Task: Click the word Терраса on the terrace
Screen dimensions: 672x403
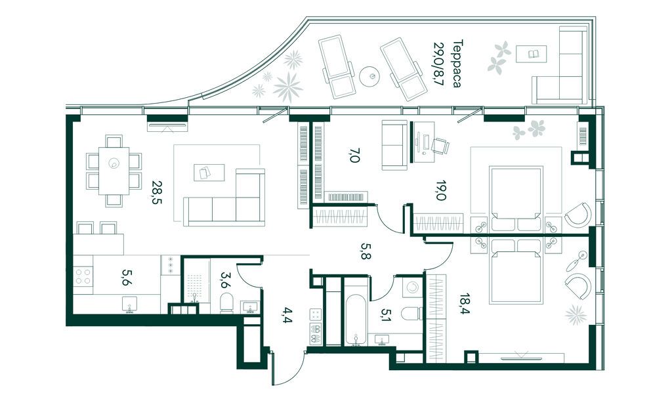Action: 457,64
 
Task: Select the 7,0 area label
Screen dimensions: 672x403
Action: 354,155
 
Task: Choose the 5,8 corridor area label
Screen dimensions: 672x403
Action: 365,251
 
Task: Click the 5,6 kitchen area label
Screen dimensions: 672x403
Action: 127,277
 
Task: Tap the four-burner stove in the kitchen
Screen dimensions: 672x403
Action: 83,276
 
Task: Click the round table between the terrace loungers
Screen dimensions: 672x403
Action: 370,77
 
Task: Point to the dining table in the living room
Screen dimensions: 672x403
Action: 114,171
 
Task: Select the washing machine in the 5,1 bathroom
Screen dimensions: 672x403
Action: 413,287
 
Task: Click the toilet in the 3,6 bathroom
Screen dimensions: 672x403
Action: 226,303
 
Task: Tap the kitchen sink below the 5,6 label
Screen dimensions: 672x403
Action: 129,305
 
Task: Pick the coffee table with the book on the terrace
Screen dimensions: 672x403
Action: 532,54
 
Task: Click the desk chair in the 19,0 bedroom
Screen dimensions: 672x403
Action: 440,146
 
